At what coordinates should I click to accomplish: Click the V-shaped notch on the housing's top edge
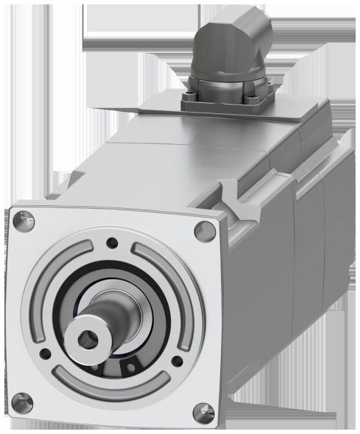tap(234, 197)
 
